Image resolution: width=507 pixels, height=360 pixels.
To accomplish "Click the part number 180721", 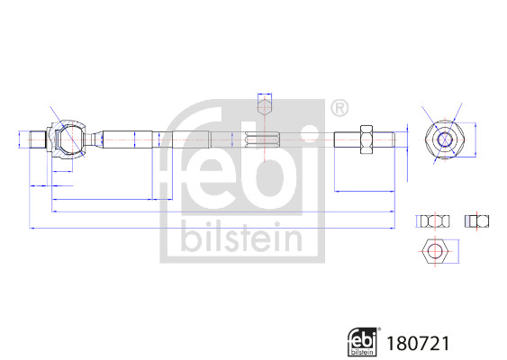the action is pos(418,344).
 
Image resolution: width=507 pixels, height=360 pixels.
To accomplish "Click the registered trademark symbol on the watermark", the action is pos(340,108).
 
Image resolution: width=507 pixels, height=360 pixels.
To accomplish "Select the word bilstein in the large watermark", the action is pos(242,238).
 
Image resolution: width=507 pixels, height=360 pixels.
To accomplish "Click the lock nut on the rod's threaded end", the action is pos(367,139).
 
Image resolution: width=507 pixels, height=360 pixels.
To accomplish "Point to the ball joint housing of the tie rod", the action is pos(67,139).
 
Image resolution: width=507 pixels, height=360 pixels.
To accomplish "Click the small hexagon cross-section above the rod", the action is pos(265,106).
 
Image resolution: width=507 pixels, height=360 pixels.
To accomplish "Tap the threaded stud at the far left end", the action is pos(38,139).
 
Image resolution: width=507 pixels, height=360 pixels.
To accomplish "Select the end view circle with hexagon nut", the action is pos(445,139).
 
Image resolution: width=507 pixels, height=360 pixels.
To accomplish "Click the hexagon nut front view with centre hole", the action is pos(435,251).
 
